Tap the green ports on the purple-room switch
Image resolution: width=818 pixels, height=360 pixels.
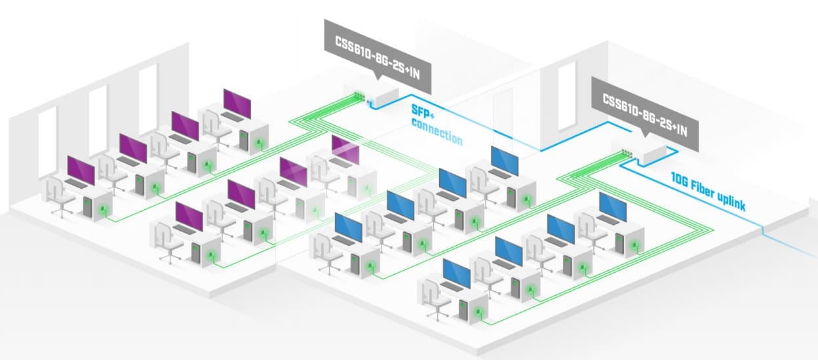click(359, 97)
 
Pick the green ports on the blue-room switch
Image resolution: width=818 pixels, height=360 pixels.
click(627, 153)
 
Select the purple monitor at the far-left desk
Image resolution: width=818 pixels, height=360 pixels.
click(81, 170)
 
